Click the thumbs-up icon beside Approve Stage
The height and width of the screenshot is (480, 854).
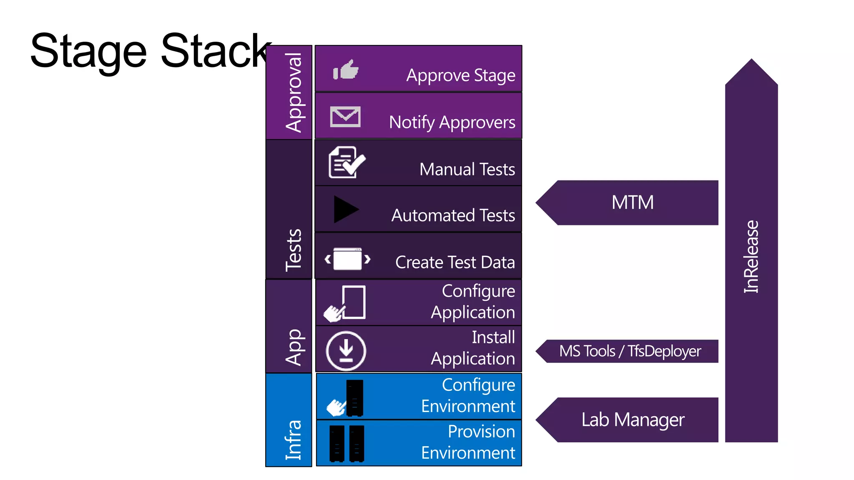(346, 70)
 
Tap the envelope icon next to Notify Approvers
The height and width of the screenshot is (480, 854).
(345, 117)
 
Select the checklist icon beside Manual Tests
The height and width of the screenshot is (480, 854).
(347, 162)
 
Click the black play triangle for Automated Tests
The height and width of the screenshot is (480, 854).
(345, 209)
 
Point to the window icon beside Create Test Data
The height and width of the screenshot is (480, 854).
(348, 259)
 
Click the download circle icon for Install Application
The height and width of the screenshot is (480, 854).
(346, 351)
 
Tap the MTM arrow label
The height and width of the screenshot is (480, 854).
(632, 203)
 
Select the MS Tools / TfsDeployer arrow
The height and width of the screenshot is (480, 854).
(630, 351)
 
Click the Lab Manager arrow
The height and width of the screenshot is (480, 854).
(632, 420)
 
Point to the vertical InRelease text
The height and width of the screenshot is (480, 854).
(751, 257)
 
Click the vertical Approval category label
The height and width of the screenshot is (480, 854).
(294, 92)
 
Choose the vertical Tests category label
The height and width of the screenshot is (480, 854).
(294, 250)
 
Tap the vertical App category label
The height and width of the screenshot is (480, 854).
(294, 347)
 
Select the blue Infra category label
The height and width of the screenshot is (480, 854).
(294, 440)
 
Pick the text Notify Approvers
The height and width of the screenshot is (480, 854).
(452, 122)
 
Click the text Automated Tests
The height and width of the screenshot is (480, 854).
(453, 215)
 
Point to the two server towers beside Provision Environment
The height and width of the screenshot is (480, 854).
(347, 443)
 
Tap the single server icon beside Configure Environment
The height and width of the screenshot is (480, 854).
(354, 398)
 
